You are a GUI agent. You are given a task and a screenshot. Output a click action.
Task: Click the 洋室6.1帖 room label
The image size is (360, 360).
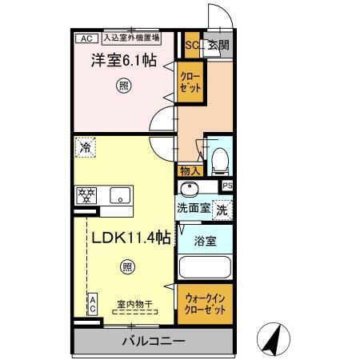point(122,60)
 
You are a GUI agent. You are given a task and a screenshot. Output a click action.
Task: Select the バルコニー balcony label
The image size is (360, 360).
point(154,342)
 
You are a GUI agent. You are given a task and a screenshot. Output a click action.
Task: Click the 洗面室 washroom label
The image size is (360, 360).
point(193,208)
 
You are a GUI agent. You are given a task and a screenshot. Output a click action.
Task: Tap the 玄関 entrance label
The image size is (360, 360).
point(218,46)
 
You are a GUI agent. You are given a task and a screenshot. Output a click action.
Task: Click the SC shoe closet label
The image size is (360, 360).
point(192,46)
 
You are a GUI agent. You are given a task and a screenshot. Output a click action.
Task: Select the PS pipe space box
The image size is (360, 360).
point(227,186)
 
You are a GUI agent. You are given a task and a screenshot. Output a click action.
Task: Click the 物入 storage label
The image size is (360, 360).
point(189,170)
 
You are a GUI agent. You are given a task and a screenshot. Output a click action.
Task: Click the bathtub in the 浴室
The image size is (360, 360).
point(205,266)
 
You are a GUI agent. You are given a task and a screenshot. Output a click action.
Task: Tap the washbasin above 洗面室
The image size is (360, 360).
point(190,190)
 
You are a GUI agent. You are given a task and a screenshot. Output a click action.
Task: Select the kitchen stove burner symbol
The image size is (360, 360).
point(86,194)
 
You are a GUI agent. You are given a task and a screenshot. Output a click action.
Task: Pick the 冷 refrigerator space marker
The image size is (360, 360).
point(86,147)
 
